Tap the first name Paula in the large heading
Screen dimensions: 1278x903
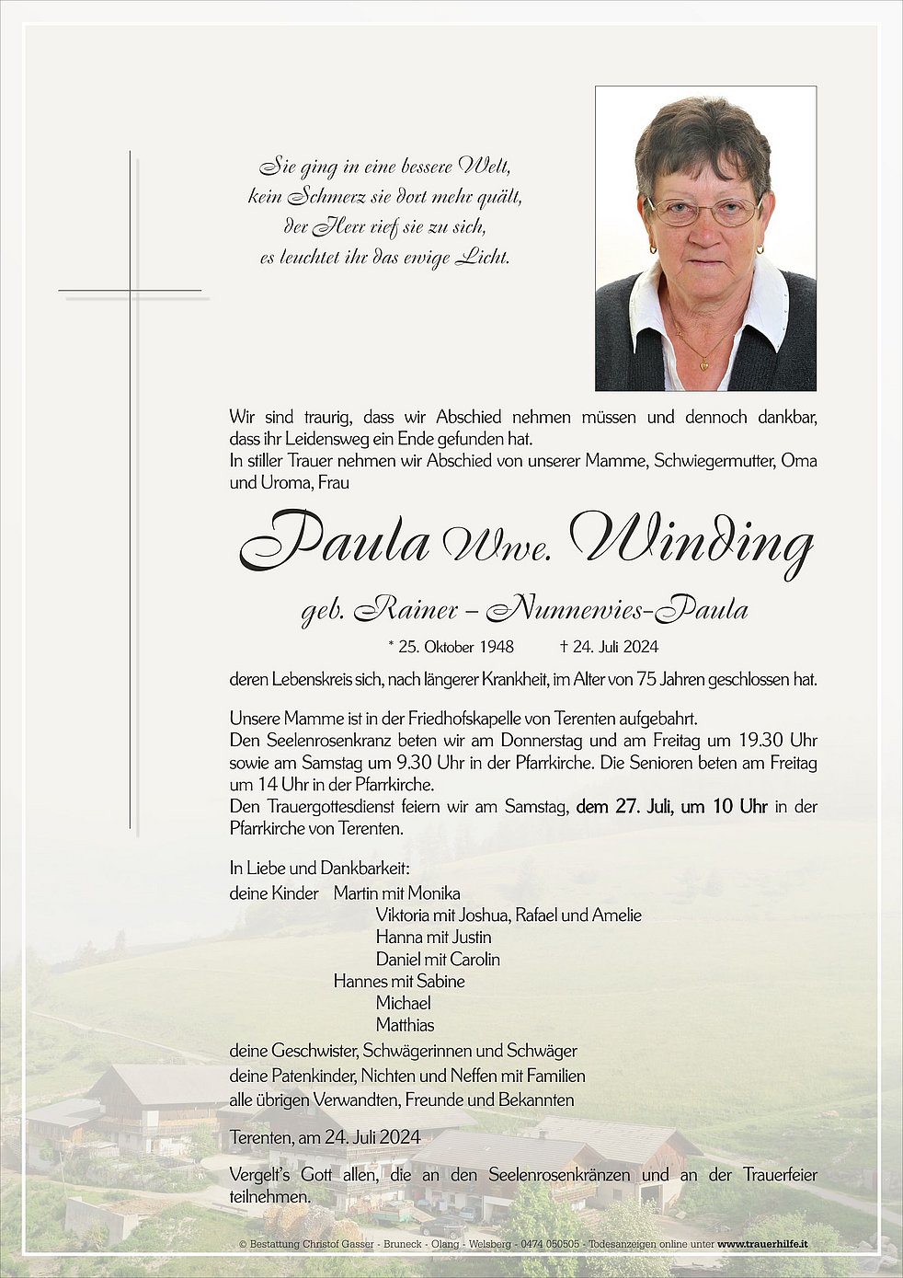click(x=337, y=541)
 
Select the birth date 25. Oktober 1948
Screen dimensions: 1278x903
click(x=451, y=647)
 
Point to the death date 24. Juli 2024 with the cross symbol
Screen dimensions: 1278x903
click(x=609, y=647)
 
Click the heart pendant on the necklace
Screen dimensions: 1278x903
click(x=704, y=364)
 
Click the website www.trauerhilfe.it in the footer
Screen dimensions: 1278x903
click(x=762, y=1244)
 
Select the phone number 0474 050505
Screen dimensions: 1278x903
click(x=550, y=1244)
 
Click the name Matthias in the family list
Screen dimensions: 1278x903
click(x=405, y=1025)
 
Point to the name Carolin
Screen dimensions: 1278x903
click(x=474, y=960)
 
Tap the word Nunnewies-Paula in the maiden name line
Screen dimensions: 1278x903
click(x=617, y=608)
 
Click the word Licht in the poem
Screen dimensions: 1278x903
click(x=483, y=258)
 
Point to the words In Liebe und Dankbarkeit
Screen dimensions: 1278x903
click(x=319, y=868)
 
